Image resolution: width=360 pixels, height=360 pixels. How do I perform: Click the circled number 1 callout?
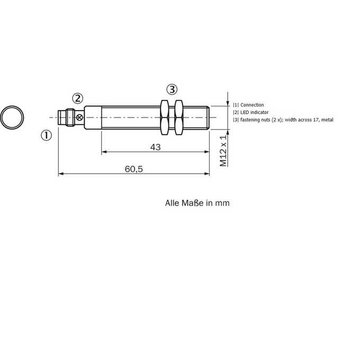pyautogui.click(x=47, y=135)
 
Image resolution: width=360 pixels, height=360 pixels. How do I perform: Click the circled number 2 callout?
pyautogui.click(x=78, y=98)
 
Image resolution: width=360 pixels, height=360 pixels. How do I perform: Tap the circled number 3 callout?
pyautogui.click(x=172, y=89)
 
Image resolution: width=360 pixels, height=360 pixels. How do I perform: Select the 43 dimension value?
pyautogui.click(x=156, y=147)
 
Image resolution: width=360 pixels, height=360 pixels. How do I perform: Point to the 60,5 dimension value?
pyautogui.click(x=134, y=169)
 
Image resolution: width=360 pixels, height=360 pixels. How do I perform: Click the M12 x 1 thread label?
pyautogui.click(x=223, y=151)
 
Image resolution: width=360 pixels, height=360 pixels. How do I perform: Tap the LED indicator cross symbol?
pyautogui.click(x=79, y=118)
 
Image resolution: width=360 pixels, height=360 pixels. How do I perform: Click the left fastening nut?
pyautogui.click(x=165, y=118)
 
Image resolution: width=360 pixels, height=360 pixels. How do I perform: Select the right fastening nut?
pyautogui.click(x=178, y=118)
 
